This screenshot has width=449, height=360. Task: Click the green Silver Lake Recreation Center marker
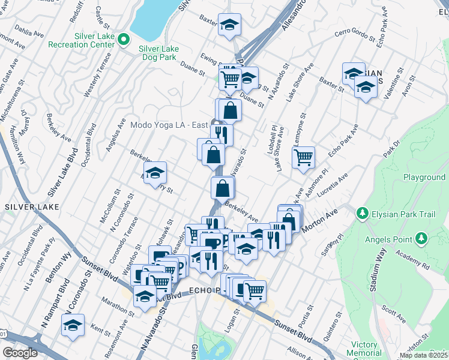coord(124,40)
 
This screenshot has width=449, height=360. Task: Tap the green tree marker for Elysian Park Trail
coord(362,214)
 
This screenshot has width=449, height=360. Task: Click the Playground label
coord(424,177)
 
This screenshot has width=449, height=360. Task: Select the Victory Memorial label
coord(364,349)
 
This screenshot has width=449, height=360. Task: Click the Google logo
coord(20,353)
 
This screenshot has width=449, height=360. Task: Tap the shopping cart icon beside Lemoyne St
coord(304,157)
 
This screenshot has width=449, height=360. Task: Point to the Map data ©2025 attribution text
coord(424,355)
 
